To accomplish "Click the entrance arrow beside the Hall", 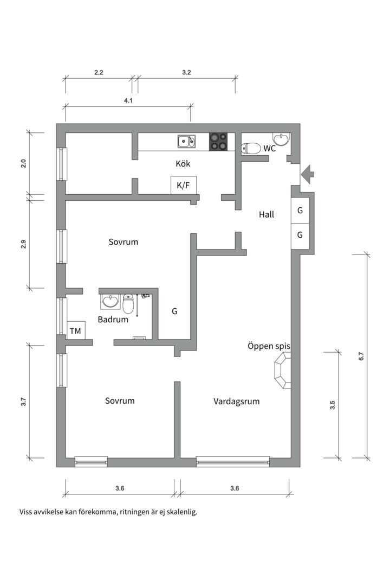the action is pyautogui.click(x=308, y=174).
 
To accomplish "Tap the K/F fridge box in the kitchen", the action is pyautogui.click(x=184, y=185).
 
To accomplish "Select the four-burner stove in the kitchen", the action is pyautogui.click(x=218, y=142).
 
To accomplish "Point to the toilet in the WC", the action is pyautogui.click(x=251, y=149).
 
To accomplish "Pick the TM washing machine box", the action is pyautogui.click(x=76, y=330).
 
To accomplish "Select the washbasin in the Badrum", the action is pyautogui.click(x=110, y=301).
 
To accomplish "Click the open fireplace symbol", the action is pyautogui.click(x=283, y=371).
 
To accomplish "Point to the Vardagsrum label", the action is pyautogui.click(x=237, y=402).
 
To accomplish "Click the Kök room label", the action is pyautogui.click(x=183, y=163).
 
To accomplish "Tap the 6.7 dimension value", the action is pyautogui.click(x=361, y=356).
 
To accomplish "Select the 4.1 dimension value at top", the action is pyautogui.click(x=128, y=100).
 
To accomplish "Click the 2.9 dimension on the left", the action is pyautogui.click(x=23, y=244).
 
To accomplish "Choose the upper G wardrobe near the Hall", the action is pyautogui.click(x=300, y=210).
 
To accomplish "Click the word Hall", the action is pyautogui.click(x=266, y=214).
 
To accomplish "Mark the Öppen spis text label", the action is pyautogui.click(x=269, y=346).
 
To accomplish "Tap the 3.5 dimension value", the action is pyautogui.click(x=333, y=405).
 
